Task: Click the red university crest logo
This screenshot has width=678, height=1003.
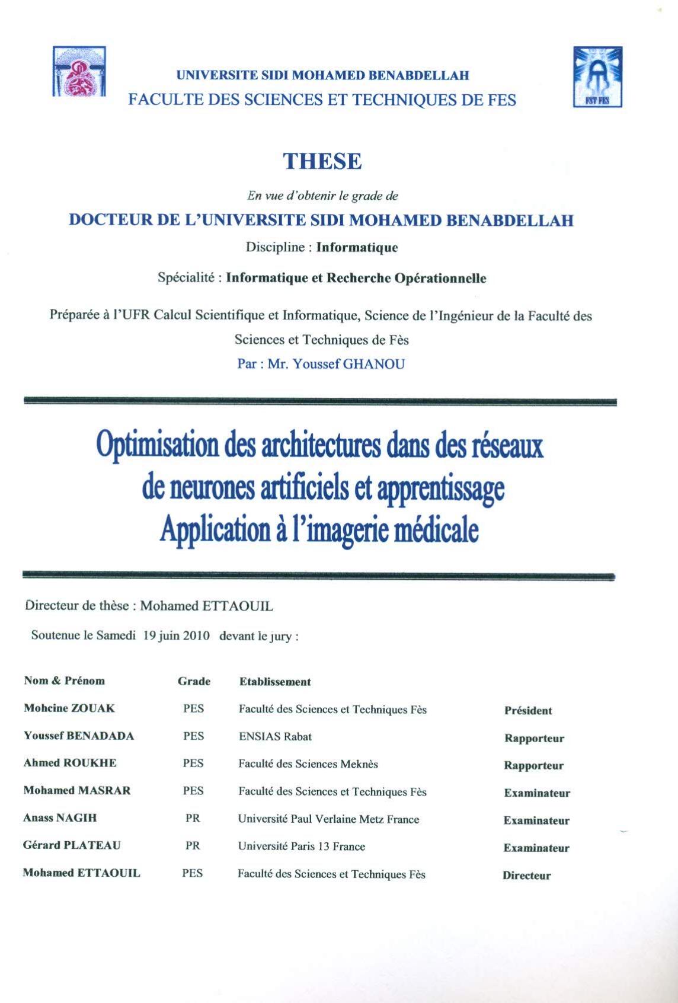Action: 79,72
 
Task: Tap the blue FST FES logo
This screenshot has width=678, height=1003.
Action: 597,76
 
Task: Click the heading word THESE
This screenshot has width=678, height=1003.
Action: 322,161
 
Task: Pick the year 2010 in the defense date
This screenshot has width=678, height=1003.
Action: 196,636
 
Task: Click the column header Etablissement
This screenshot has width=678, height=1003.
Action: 275,682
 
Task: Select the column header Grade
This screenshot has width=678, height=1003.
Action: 194,681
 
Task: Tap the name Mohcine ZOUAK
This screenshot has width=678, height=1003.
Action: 69,708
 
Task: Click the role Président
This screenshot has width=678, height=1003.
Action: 528,711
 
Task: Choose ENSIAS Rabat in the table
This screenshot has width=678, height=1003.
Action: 275,736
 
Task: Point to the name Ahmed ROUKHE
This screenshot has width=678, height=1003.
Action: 70,763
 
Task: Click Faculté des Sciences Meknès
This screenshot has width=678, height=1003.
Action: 308,764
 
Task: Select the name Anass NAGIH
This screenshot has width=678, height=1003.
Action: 60,818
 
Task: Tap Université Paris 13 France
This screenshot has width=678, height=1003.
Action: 302,847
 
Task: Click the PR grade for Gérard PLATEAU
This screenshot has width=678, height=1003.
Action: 193,846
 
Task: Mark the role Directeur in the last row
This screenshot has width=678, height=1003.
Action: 527,876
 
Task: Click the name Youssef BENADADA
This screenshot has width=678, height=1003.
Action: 79,736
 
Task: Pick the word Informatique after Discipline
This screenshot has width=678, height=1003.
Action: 357,247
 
